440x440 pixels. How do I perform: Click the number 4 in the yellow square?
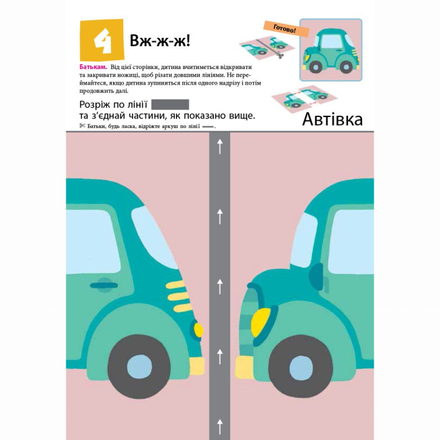pos(103,41)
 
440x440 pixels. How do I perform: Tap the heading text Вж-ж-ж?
pos(160,41)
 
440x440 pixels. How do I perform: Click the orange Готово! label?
pos(286,28)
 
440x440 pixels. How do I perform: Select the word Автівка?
pos(332,119)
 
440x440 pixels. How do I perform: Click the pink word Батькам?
pos(93,67)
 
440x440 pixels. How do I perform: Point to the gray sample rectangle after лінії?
pos(170,104)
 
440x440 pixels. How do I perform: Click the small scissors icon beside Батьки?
pos(82,126)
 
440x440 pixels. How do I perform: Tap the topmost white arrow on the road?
pos(220,147)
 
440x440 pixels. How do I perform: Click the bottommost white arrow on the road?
pos(220,426)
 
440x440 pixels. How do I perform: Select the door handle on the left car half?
pos(104,286)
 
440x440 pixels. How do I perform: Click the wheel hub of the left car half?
pos(139,366)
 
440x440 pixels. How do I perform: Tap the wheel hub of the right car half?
pos(301,368)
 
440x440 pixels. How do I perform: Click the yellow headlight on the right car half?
pos(261,322)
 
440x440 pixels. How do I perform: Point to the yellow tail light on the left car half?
pos(198,330)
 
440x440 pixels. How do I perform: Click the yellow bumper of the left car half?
pos(197,366)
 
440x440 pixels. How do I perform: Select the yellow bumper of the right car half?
pos(244,368)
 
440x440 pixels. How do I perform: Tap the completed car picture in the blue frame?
pos(331,50)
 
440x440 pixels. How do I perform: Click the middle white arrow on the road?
pos(220,286)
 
